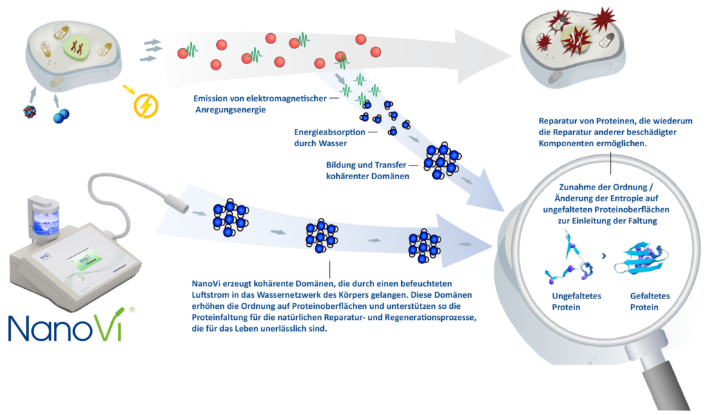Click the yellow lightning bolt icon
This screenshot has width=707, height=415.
click(145, 105)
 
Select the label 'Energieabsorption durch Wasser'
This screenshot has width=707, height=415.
click(327, 137)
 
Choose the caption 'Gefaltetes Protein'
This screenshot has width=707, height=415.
click(649, 301)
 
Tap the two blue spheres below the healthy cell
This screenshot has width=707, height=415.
click(61, 117)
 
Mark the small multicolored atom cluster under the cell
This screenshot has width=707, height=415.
click(30, 112)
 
